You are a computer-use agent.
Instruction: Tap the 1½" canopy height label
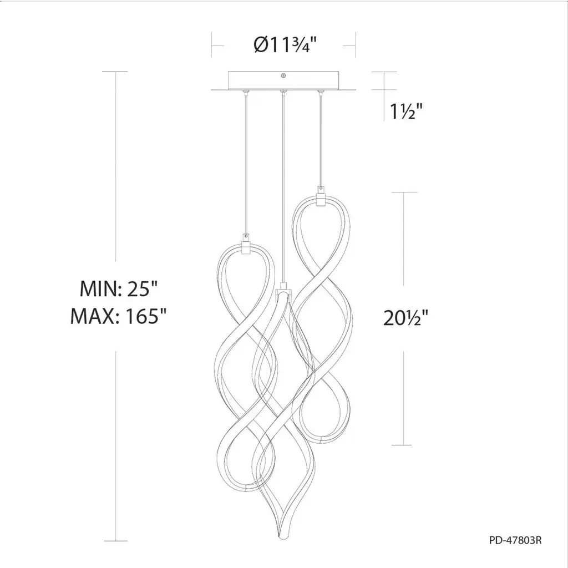406,111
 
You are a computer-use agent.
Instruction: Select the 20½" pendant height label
405,318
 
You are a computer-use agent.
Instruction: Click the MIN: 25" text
119,288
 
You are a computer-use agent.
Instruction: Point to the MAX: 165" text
118,316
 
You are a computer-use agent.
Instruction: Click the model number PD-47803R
515,540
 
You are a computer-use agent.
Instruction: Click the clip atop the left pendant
246,245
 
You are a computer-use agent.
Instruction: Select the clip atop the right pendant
320,197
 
